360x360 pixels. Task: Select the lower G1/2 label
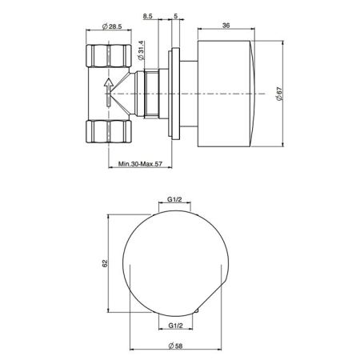[176, 324]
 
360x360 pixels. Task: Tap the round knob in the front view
[176, 264]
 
